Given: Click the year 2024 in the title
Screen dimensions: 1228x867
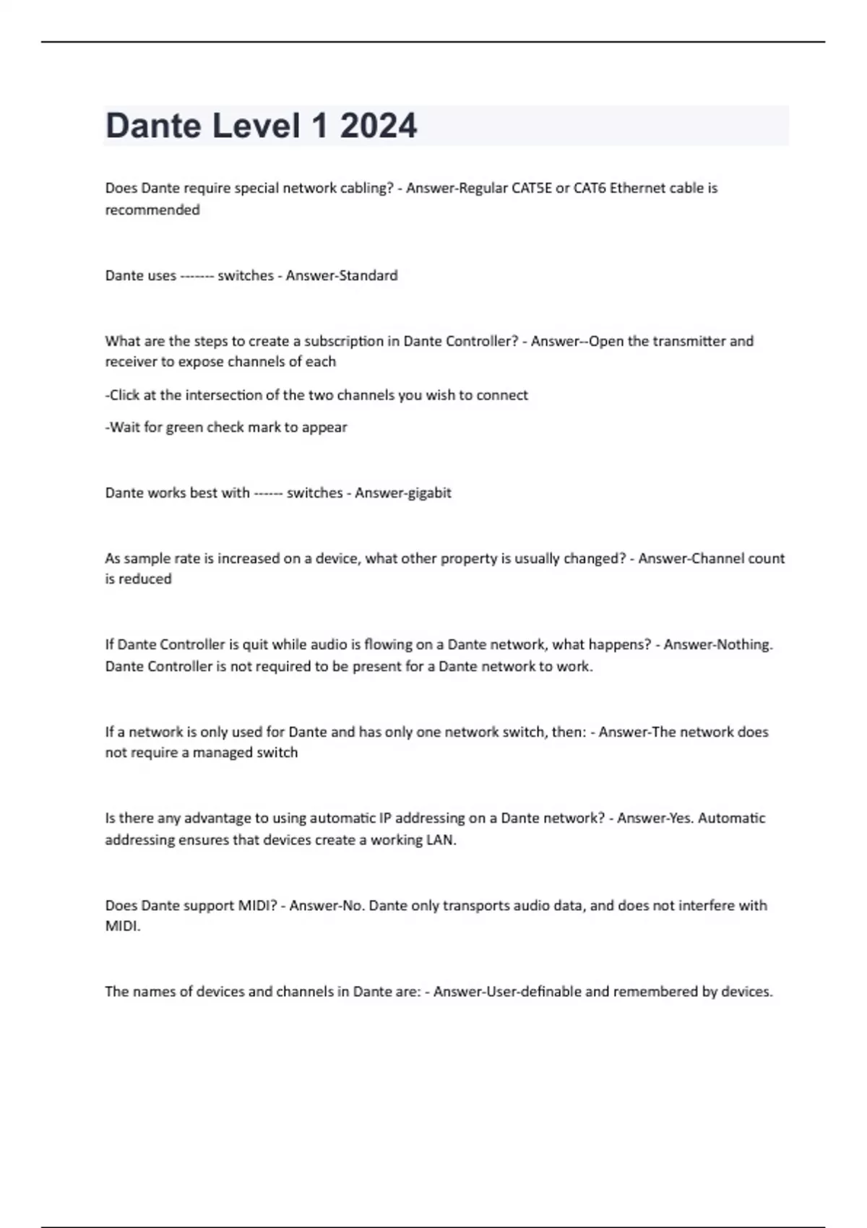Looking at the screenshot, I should (378, 126).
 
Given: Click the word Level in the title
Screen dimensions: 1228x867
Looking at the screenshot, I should (256, 126).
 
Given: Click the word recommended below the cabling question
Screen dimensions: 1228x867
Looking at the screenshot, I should (152, 210).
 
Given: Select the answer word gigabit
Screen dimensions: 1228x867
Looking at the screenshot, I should (428, 493).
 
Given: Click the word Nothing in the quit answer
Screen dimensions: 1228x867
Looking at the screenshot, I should (749, 644).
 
